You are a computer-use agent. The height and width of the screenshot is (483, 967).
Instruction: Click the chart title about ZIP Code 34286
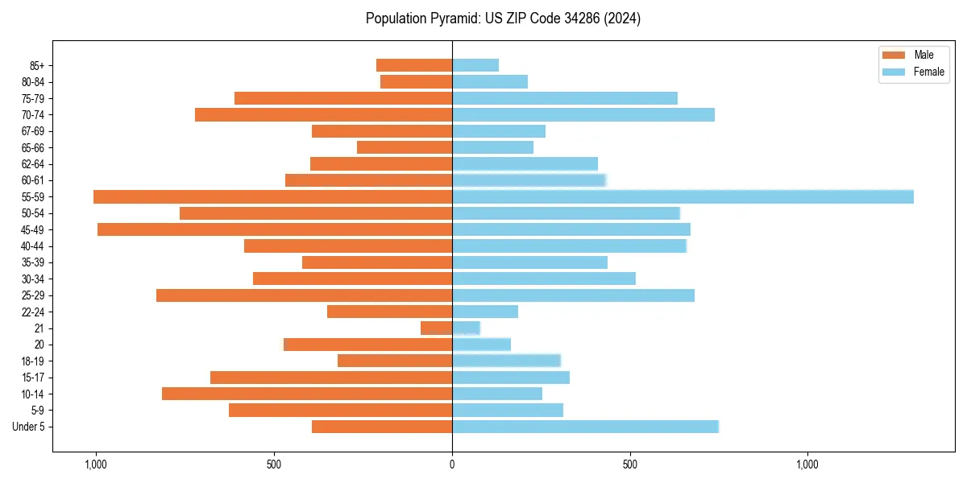pos(503,19)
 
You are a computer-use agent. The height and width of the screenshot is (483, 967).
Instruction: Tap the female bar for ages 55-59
pos(683,197)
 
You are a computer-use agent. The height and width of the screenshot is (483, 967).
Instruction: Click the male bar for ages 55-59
pos(272,197)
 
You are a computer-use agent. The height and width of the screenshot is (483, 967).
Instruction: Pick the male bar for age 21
pos(436,328)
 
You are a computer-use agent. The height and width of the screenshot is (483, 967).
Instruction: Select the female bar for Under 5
pos(585,427)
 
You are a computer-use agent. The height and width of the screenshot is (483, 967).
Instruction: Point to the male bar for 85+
pos(414,65)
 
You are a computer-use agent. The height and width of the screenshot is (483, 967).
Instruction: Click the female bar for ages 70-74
pos(583,115)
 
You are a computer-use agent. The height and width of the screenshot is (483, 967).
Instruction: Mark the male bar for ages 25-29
pos(304,295)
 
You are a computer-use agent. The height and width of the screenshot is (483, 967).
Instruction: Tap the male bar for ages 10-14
pos(307,394)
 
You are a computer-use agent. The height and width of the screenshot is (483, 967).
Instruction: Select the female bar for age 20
pos(481,345)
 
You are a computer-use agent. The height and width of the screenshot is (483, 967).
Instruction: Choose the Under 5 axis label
pos(29,427)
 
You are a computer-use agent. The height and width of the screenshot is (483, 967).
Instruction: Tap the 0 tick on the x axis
pos(452,464)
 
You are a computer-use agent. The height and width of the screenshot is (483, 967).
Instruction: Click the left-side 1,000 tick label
pos(96,464)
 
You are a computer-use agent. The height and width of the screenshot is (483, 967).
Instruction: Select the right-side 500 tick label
pos(630,464)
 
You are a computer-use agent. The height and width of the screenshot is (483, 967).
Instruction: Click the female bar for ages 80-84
pos(490,82)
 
